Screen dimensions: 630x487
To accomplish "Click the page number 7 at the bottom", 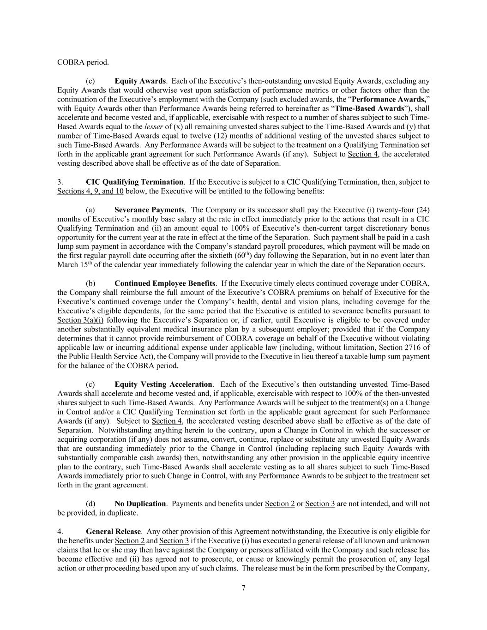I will (x=243, y=588).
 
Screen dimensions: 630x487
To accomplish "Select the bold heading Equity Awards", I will (x=140, y=81).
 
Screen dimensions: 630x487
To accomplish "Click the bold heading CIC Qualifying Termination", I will (x=134, y=182).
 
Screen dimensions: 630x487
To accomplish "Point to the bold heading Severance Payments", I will (x=150, y=210).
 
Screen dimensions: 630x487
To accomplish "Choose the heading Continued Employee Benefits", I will (x=165, y=283).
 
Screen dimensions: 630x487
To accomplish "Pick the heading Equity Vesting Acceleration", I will (x=163, y=384).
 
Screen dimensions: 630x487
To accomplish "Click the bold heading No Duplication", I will (x=140, y=504).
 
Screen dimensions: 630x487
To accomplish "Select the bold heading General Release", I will (x=113, y=531).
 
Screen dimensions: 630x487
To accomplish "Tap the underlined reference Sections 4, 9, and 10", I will (x=90, y=191).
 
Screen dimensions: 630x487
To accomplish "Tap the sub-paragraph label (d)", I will (x=90, y=504).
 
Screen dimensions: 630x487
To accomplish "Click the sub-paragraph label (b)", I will (x=90, y=283).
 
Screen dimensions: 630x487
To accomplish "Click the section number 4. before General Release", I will (x=60, y=531).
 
